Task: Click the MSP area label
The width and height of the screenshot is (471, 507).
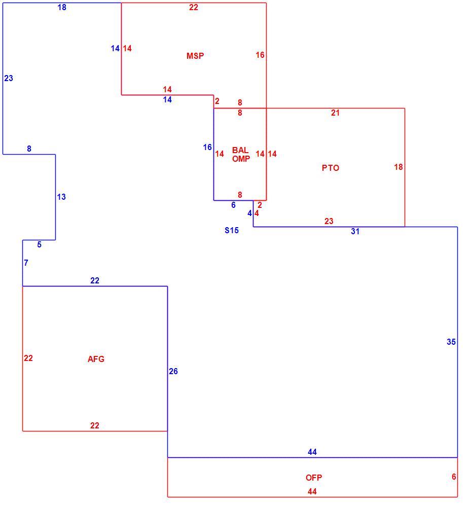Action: click(195, 56)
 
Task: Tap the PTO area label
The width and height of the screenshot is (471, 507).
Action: click(331, 168)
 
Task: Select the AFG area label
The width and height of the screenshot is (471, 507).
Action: click(96, 359)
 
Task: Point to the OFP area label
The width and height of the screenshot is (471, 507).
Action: click(313, 478)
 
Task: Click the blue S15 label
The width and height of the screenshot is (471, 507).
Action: click(232, 230)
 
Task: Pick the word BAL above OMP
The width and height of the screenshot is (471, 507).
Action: click(240, 150)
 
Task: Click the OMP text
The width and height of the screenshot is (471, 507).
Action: click(241, 159)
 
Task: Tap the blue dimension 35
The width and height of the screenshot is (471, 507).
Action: click(451, 342)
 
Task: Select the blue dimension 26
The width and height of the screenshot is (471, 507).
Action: click(173, 371)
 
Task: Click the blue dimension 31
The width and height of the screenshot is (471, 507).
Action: click(355, 231)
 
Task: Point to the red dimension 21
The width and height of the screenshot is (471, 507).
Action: click(335, 113)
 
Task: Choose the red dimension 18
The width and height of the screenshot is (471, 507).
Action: click(398, 167)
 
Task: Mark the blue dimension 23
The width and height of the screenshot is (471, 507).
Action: click(9, 78)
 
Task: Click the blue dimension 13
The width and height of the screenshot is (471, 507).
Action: click(61, 197)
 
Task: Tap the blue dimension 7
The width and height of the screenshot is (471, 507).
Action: click(26, 263)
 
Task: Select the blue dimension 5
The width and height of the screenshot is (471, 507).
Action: click(39, 244)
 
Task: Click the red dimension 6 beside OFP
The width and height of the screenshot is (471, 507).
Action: click(454, 477)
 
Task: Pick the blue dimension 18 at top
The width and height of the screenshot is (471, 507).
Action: click(62, 7)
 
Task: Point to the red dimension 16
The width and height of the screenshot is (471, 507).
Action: click(260, 55)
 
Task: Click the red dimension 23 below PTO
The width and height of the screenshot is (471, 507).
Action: click(329, 221)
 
